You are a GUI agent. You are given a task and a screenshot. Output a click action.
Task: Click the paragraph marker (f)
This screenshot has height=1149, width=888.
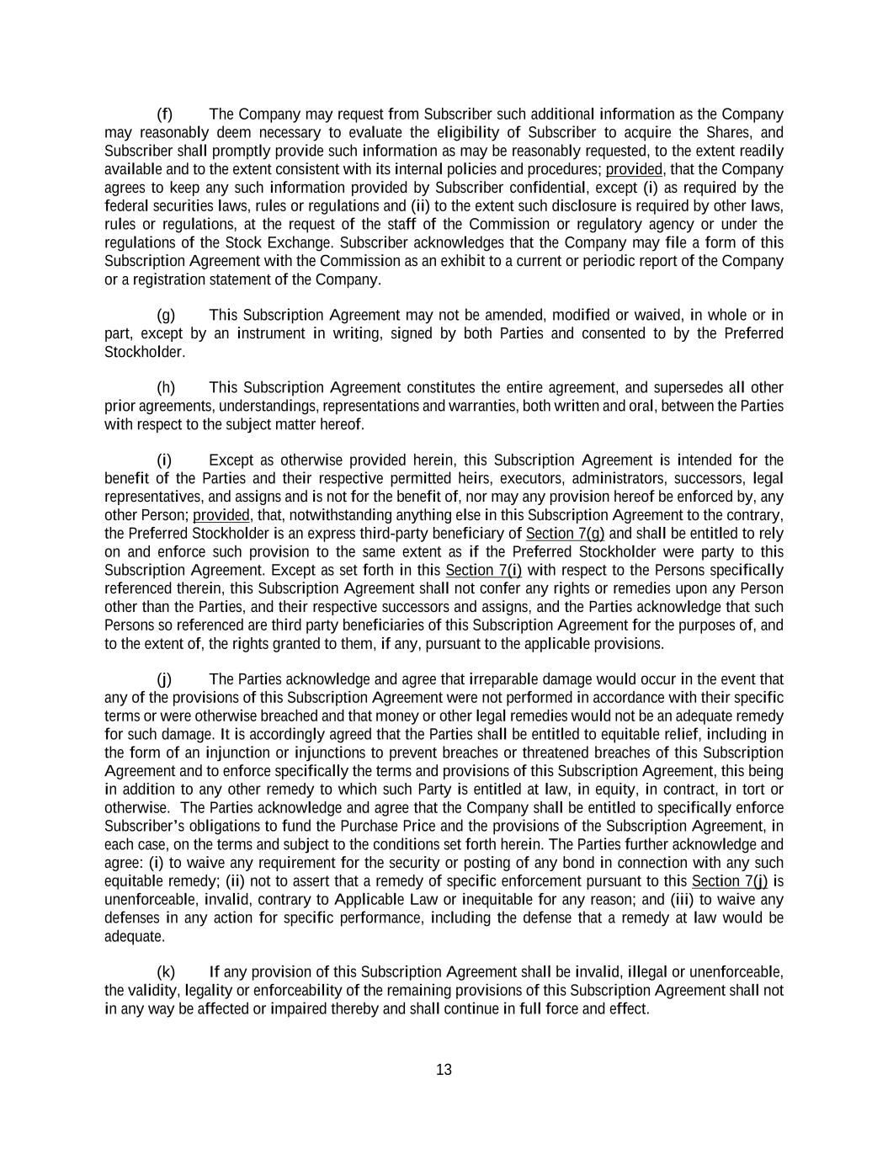(x=165, y=114)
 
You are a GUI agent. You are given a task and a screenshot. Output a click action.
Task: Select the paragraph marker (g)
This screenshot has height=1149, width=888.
(x=166, y=316)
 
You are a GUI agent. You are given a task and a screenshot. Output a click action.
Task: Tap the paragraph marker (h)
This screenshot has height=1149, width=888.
(x=166, y=388)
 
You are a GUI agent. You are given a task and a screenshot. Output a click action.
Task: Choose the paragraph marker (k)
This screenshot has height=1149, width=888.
(x=166, y=972)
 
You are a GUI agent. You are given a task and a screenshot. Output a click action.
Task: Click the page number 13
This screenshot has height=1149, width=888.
(x=444, y=1070)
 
